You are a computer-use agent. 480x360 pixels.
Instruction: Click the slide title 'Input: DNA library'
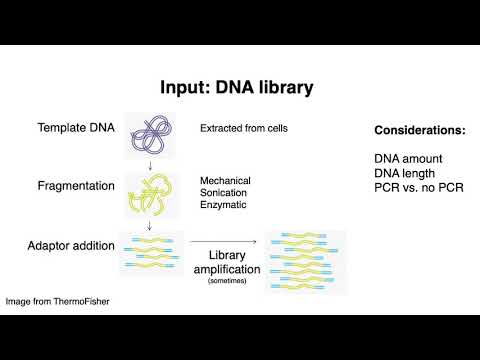point(240,88)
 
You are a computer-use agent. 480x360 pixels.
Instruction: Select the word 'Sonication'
point(224,193)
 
